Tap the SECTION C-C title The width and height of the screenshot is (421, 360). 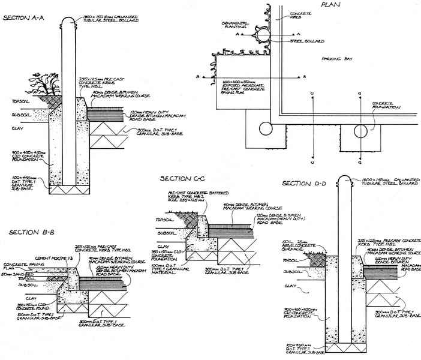[183, 178]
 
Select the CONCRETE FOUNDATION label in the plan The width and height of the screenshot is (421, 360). [384, 106]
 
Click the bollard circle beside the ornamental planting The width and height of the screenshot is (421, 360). [263, 35]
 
